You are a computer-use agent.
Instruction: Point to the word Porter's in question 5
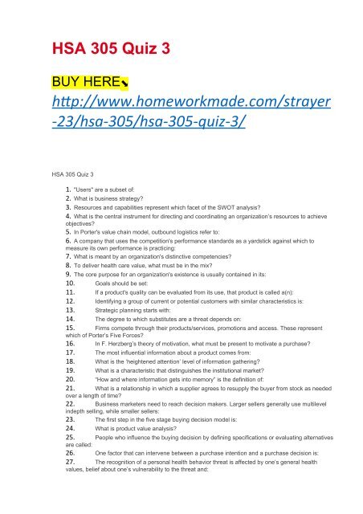[x=93, y=239]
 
